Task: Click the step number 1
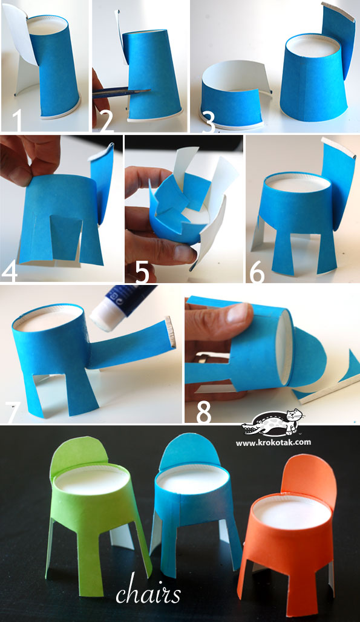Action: pos(16,120)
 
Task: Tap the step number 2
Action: pos(107,121)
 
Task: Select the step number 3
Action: pos(208,122)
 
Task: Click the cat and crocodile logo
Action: pos(273,424)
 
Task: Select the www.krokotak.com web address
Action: pos(273,442)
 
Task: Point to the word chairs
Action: pos(148,593)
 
